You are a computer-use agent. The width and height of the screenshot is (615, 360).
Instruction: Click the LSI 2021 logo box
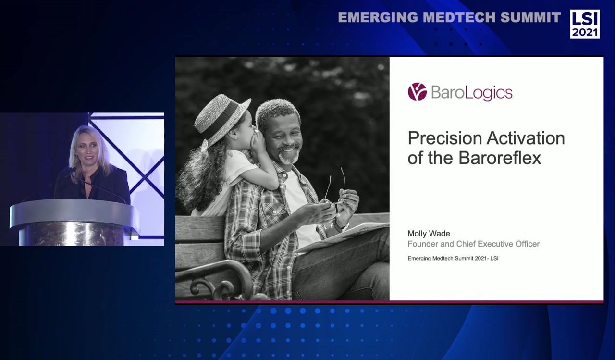(x=584, y=24)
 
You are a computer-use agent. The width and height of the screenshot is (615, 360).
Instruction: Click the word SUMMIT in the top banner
(x=530, y=18)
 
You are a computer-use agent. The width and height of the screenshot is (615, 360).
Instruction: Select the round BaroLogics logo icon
(x=417, y=92)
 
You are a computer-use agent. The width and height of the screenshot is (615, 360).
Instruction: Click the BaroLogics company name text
(x=471, y=92)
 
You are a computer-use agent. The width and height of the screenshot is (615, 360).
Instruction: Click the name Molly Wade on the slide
(x=429, y=234)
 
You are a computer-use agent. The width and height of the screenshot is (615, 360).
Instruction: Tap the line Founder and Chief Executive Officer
(x=473, y=244)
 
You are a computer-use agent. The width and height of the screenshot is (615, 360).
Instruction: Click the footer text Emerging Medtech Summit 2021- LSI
(x=453, y=259)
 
